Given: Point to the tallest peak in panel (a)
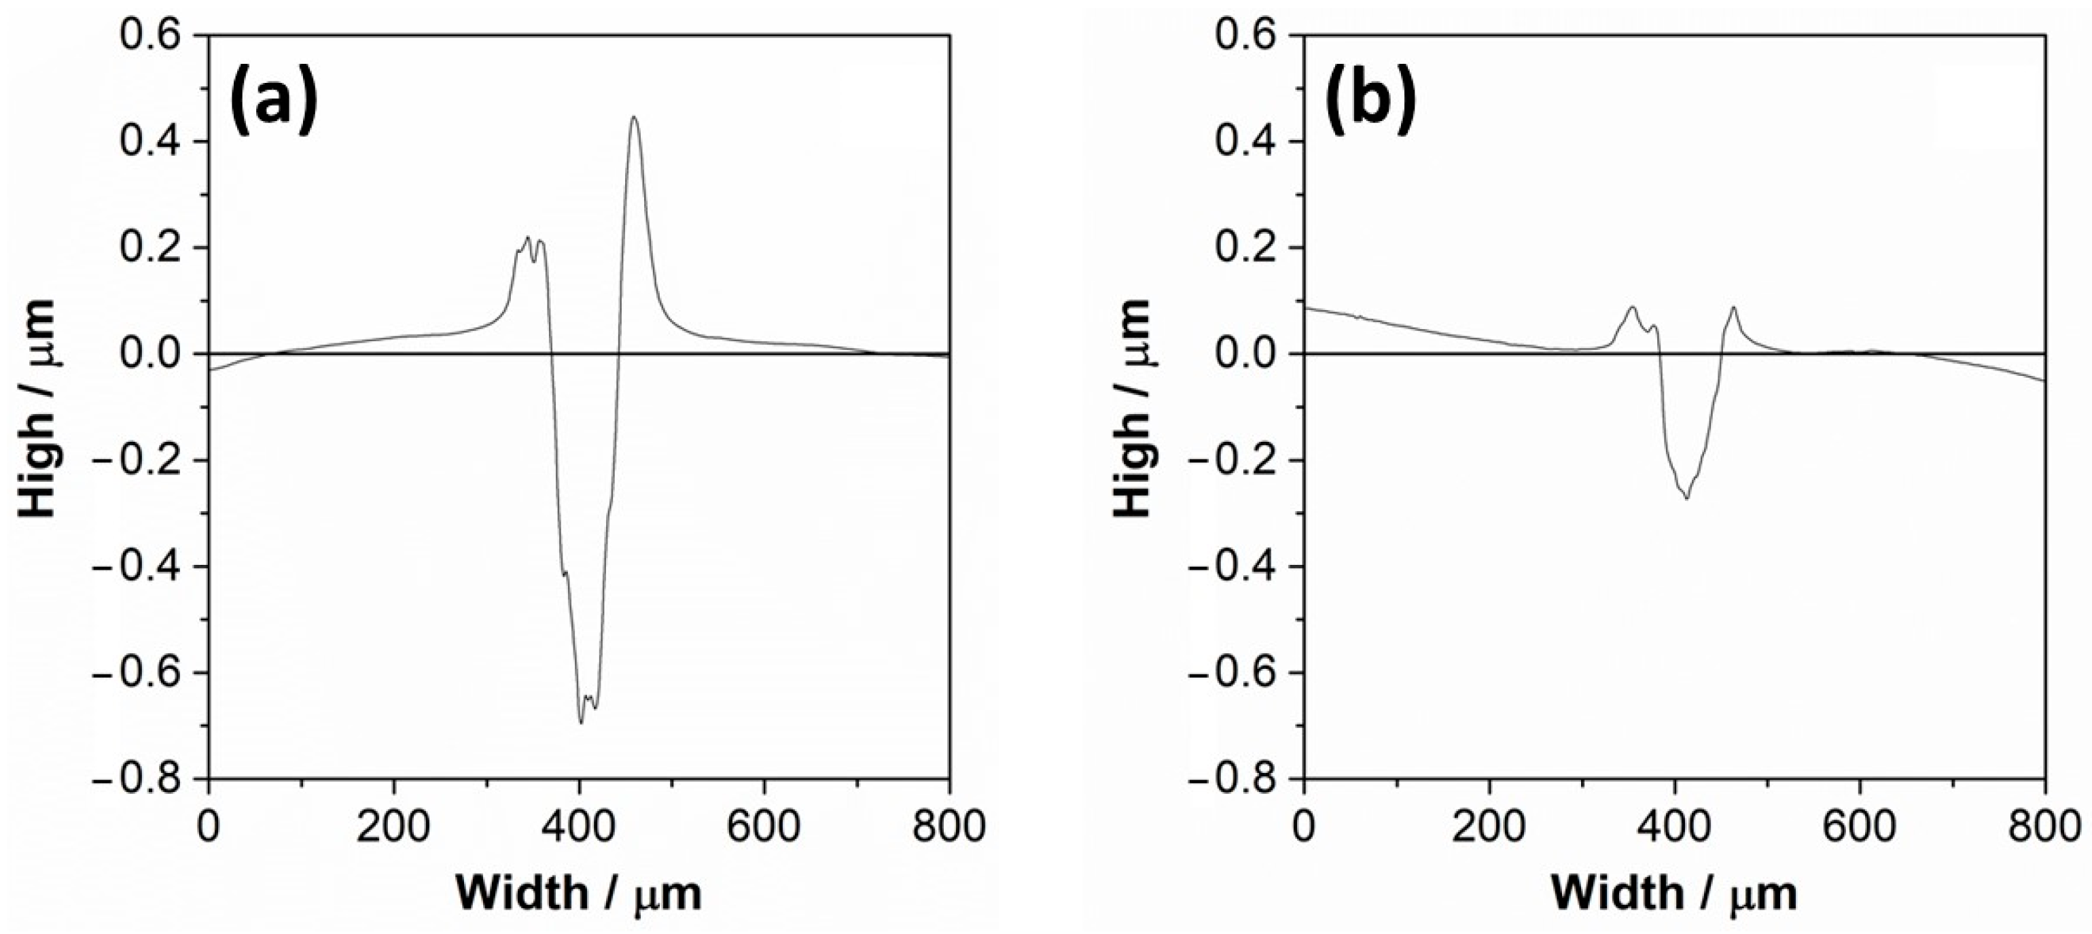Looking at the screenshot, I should point(633,118).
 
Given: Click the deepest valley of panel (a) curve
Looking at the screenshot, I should point(581,722).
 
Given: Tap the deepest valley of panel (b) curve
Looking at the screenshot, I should point(1681,497).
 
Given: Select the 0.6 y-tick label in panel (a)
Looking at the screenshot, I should point(159,36).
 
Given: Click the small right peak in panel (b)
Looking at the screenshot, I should point(1734,308).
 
